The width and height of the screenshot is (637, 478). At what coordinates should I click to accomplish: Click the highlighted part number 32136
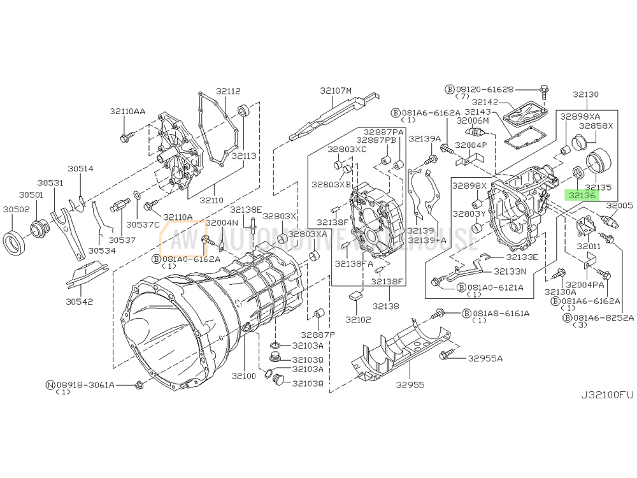[x=583, y=196]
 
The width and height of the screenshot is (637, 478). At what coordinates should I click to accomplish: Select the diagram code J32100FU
[x=606, y=395]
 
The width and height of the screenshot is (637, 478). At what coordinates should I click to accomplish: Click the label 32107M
[x=336, y=91]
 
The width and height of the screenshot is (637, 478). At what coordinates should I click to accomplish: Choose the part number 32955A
[x=485, y=358]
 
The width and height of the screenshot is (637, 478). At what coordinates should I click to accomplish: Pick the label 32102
[x=358, y=319]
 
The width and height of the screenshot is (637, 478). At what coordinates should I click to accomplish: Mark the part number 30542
[x=80, y=300]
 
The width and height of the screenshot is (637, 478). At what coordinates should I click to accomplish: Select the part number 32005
[x=619, y=206]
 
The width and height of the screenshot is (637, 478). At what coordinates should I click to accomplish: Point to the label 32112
[x=227, y=91]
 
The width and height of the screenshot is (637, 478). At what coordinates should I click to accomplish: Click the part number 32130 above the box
[x=585, y=94]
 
